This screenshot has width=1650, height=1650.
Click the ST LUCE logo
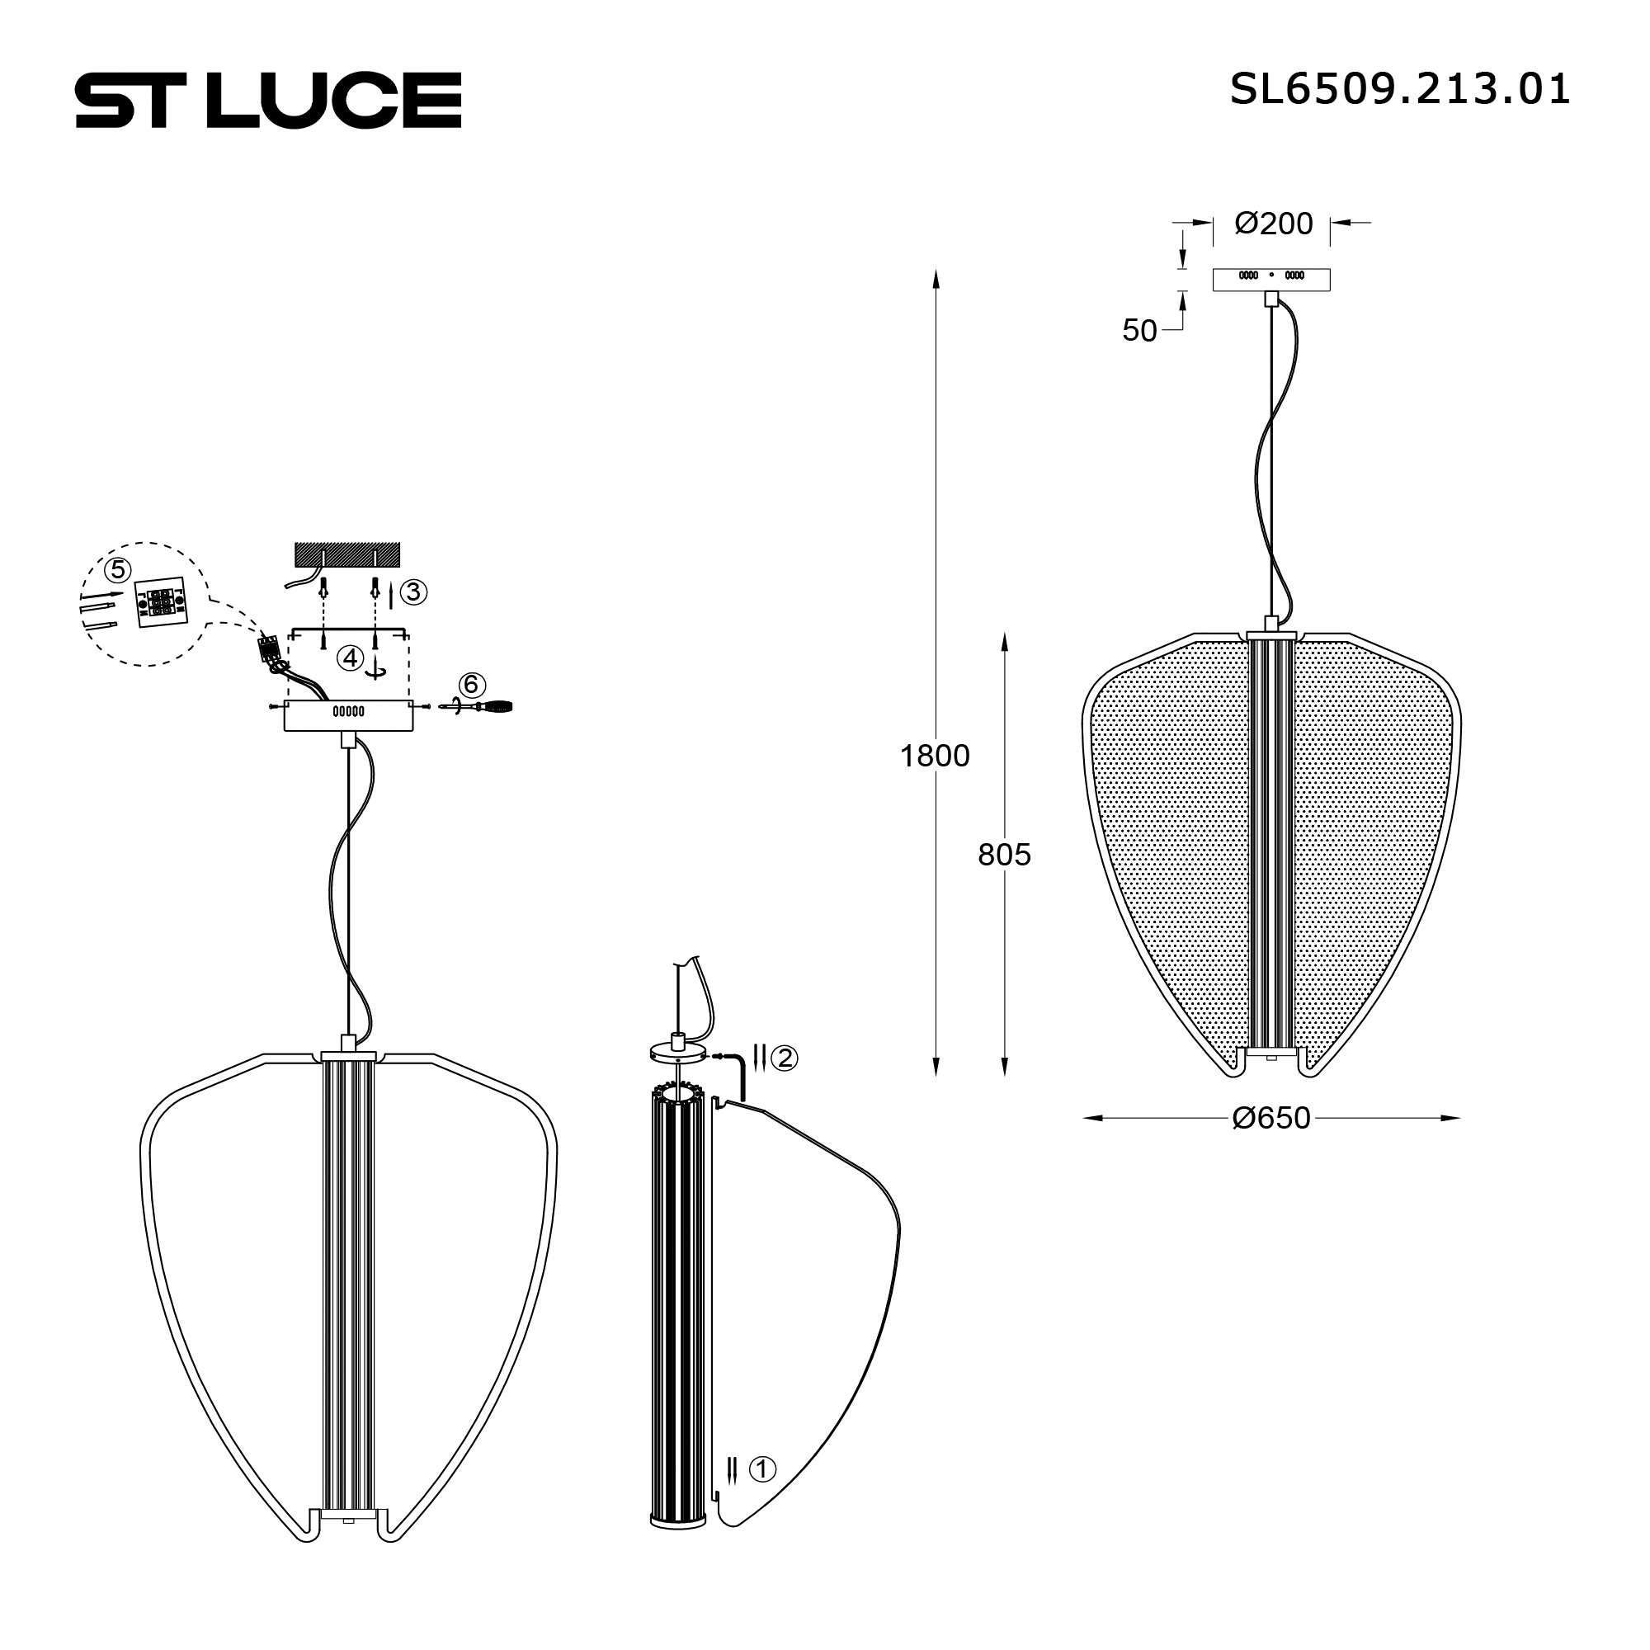[x=268, y=100]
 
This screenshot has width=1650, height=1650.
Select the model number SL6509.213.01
[x=1399, y=90]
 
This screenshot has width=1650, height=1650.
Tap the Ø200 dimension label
[x=1272, y=224]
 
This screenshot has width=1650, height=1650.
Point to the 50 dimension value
[x=1138, y=332]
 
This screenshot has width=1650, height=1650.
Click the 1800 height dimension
[x=935, y=756]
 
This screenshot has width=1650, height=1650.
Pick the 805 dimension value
[x=1003, y=854]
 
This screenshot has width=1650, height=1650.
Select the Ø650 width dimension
[x=1270, y=1118]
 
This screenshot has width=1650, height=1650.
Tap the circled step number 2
[x=784, y=1058]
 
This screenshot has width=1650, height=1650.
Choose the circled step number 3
[x=413, y=592]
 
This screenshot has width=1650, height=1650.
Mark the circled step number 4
[x=349, y=658]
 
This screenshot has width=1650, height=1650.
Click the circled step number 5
[x=117, y=568]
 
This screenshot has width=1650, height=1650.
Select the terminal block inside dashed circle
[x=160, y=605]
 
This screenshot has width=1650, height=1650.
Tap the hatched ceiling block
[x=346, y=554]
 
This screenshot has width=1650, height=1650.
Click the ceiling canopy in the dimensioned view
[x=1271, y=280]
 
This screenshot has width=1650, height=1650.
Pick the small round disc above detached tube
[x=679, y=1052]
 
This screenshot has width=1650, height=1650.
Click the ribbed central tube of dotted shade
[x=1270, y=846]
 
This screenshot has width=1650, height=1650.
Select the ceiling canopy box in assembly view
[x=348, y=715]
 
